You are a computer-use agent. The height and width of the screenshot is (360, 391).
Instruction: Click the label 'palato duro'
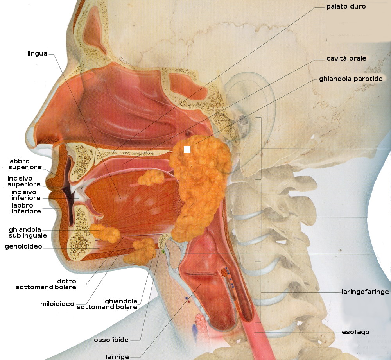346,7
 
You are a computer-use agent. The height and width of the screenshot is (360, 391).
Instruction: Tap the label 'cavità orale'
346,59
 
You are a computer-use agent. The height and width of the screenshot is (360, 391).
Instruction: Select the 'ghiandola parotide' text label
351,79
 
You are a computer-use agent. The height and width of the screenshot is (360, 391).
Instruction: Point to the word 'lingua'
37,54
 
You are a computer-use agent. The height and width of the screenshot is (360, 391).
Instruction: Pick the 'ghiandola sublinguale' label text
28,233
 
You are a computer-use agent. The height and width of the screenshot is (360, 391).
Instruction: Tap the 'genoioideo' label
23,247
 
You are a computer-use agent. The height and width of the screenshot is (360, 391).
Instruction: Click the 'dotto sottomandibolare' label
46,284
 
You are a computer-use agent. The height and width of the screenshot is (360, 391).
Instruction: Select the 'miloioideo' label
57,304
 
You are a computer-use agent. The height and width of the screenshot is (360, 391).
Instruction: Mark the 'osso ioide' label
111,340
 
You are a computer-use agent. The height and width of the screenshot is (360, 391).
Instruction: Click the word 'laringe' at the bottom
117,356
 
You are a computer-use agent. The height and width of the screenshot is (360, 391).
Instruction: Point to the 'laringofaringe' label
365,292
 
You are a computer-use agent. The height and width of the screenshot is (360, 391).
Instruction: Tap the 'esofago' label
355,332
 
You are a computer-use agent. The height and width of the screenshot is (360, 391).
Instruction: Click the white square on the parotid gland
187,149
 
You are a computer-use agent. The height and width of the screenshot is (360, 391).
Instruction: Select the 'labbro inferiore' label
26,208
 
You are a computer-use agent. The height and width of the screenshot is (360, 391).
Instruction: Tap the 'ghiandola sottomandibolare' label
107,304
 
